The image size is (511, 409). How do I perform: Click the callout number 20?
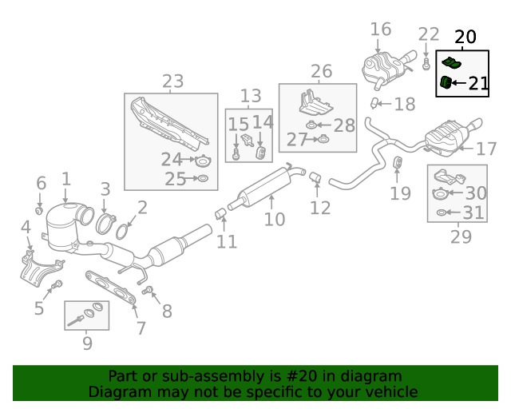[x=465, y=37]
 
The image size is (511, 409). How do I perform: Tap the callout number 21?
[x=477, y=83]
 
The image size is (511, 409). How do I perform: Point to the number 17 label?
[x=486, y=149]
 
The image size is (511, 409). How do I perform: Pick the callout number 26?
[x=321, y=72]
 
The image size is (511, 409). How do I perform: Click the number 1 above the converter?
[x=66, y=180]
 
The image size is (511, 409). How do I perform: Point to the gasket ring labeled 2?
[x=123, y=232]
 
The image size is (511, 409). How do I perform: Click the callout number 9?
[x=87, y=343]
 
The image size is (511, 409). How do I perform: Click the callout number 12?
[x=320, y=208]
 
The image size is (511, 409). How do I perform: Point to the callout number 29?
[x=461, y=236]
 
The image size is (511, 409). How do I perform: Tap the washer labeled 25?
[x=202, y=178]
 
